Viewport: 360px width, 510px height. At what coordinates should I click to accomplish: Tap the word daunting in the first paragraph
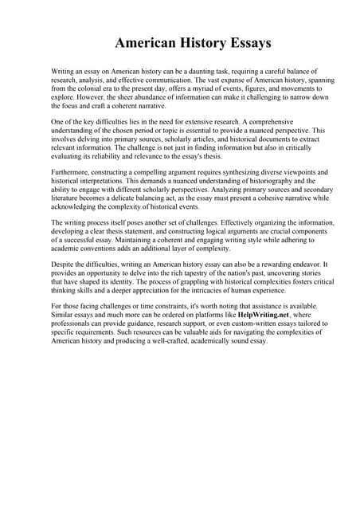tap(209, 72)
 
